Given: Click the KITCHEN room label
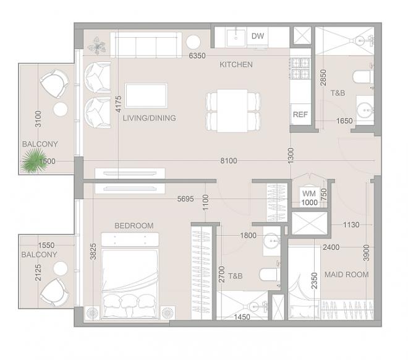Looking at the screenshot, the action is tap(236, 64).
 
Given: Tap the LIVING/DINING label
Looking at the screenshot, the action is tap(150, 118).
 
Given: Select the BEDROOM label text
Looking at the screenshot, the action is tap(134, 225).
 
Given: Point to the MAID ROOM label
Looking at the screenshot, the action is tap(347, 275).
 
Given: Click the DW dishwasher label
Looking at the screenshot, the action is tap(258, 36).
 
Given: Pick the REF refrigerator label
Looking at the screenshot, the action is tap(300, 114).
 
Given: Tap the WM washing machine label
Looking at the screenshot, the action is tap(309, 194).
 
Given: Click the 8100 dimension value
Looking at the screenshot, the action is tap(229, 161).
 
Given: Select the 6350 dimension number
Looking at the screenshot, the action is tap(197, 56).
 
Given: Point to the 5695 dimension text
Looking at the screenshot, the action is tap(185, 199).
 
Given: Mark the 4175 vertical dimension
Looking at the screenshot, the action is tap(119, 104).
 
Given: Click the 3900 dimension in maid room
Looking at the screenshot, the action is tap(367, 253).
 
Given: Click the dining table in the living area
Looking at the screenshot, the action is tap(232, 111).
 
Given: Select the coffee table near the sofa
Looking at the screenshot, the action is tap(147, 96).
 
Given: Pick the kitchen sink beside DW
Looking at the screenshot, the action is tap(236, 38).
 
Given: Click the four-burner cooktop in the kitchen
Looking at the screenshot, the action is tap(300, 69).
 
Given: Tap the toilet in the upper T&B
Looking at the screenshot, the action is tap(362, 77).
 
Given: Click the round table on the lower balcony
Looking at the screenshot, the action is tap(61, 268).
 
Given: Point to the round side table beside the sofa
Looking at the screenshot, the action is tap(193, 41).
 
